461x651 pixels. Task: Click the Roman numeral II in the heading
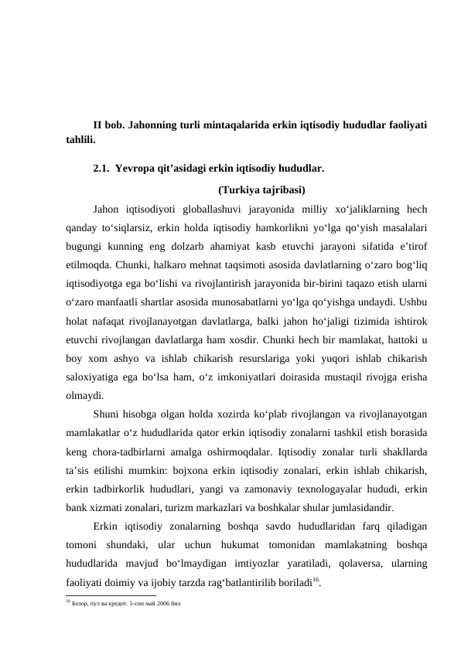(98, 124)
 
